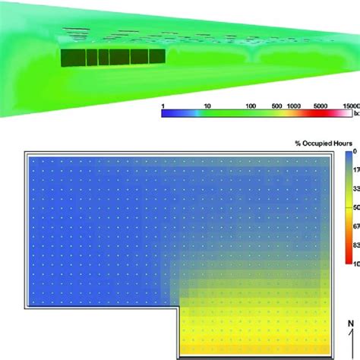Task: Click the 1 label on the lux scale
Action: (x=163, y=106)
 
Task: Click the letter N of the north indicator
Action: (x=349, y=324)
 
